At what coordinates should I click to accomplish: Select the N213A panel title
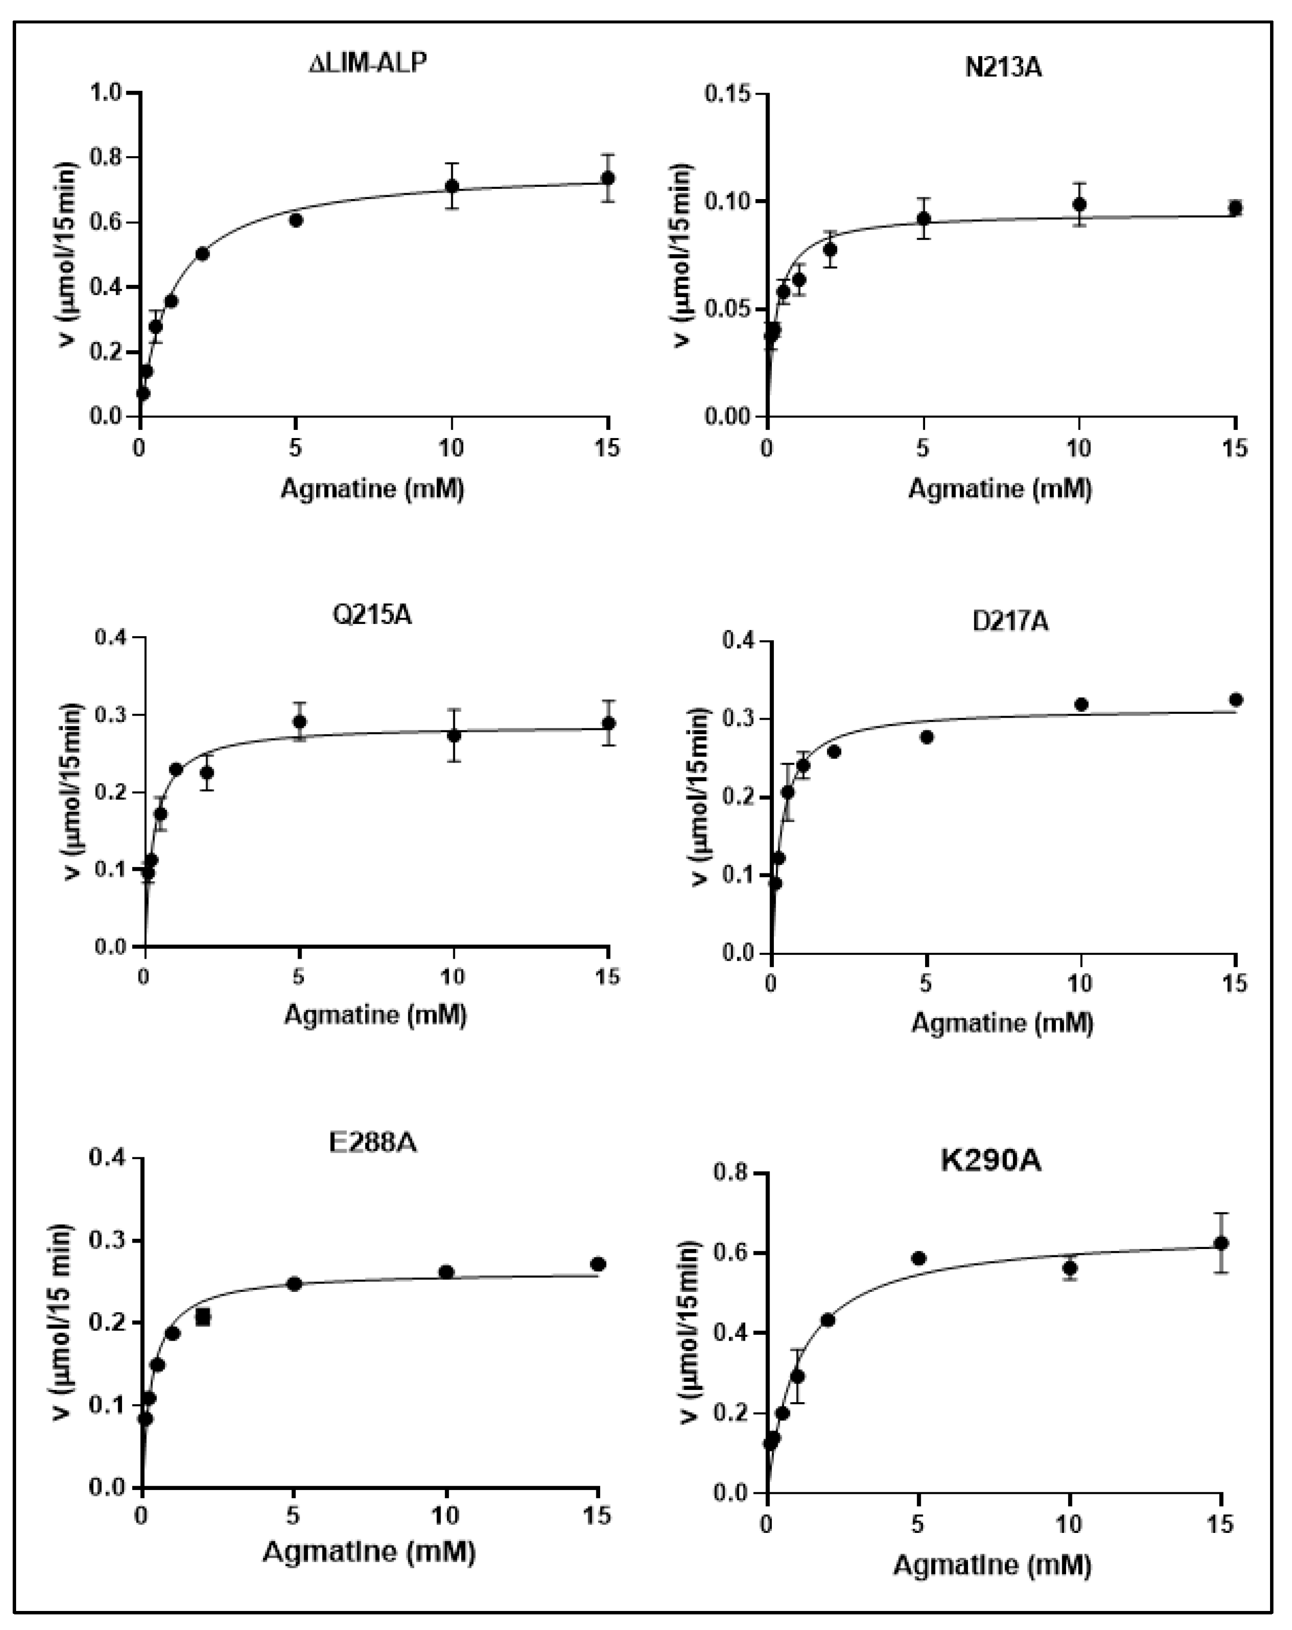[1003, 67]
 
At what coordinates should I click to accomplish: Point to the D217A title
[1010, 622]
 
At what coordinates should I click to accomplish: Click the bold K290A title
[990, 1161]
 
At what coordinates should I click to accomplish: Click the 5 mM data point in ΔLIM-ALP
[296, 220]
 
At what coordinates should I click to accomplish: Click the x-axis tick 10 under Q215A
[452, 976]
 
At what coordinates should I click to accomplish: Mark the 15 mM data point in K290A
[1220, 1243]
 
